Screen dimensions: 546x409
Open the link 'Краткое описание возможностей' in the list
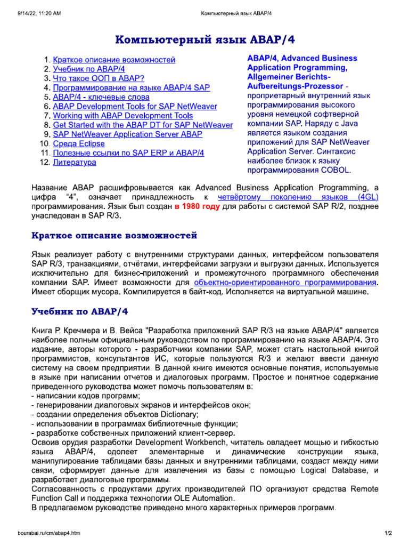(114, 60)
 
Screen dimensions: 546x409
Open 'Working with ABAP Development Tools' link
(123, 116)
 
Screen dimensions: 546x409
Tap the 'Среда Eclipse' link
(79, 144)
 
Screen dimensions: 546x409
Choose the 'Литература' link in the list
(75, 162)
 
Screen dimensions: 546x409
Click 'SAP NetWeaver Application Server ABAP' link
(127, 134)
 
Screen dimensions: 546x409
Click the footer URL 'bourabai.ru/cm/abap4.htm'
(48, 533)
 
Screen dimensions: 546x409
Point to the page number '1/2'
(388, 533)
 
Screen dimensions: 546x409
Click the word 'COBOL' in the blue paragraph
(334, 171)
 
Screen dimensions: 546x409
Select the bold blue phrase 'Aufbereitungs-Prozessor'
(295, 86)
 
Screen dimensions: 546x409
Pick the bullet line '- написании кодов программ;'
(86, 396)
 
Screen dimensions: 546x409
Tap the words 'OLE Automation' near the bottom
(205, 498)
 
